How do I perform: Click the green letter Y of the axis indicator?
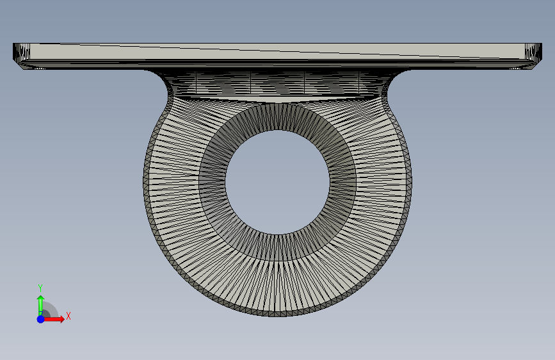click(x=40, y=288)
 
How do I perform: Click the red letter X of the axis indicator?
click(x=68, y=316)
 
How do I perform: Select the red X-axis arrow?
click(x=54, y=319)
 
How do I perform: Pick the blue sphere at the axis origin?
click(x=41, y=319)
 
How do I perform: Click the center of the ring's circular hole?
click(x=278, y=182)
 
